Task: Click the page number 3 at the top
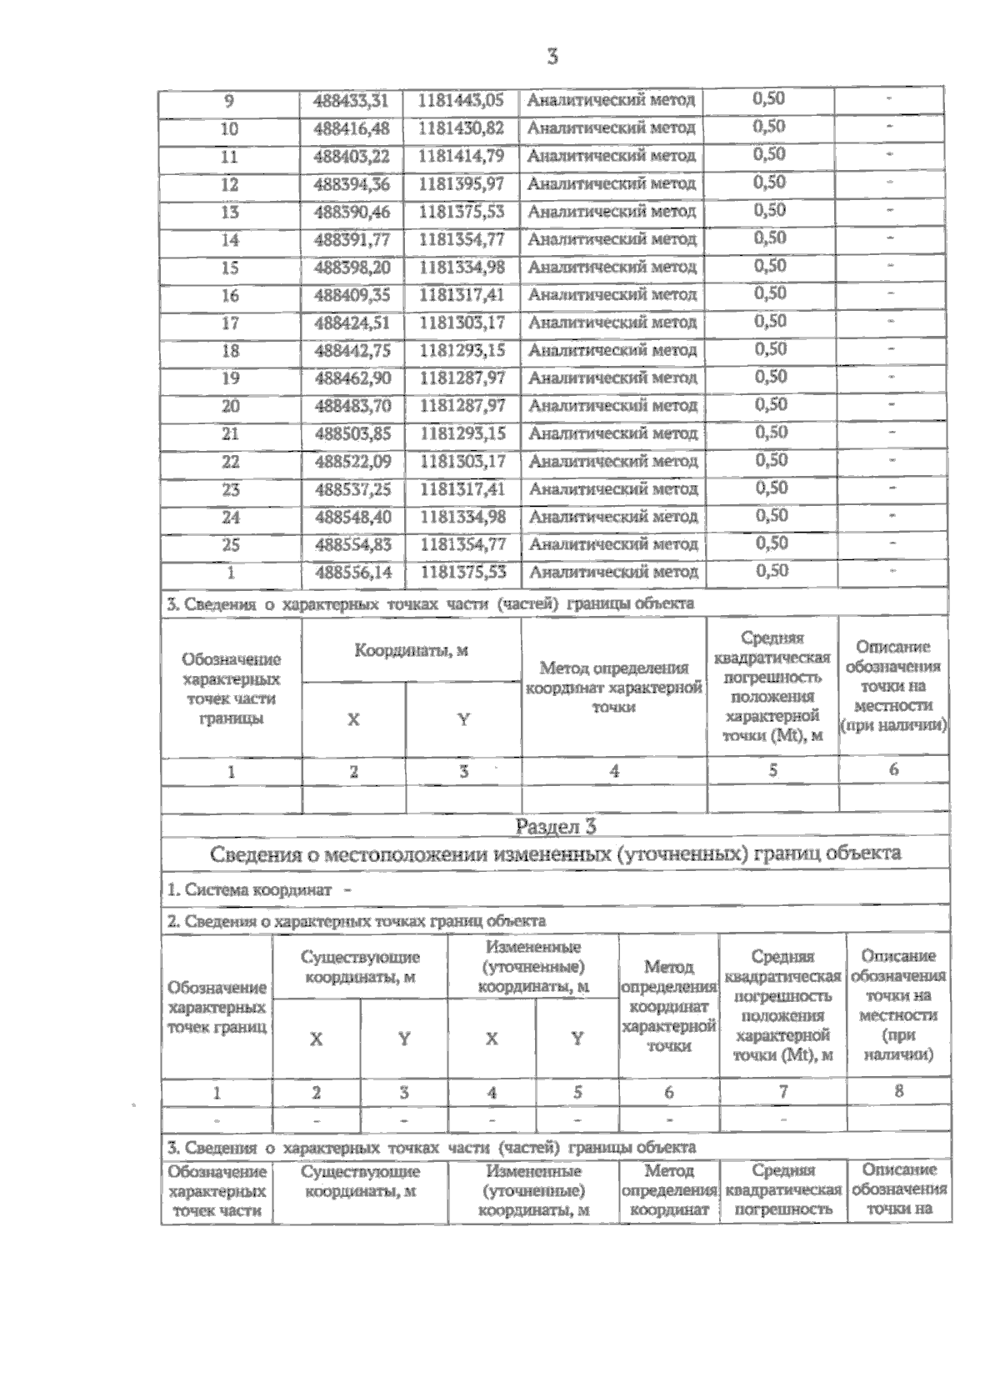(x=552, y=56)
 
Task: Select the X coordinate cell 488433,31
(x=352, y=101)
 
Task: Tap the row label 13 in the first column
(x=229, y=212)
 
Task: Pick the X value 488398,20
(x=352, y=268)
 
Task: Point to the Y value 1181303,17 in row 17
(x=462, y=323)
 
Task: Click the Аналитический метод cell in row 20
(x=613, y=406)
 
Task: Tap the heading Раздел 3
(x=556, y=826)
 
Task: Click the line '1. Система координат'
(x=259, y=889)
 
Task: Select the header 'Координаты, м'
(x=411, y=651)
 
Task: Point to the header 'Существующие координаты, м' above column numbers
(x=360, y=967)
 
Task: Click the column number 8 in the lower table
(x=897, y=1090)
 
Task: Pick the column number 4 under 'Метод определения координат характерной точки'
(x=614, y=771)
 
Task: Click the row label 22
(x=230, y=461)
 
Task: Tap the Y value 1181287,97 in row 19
(x=462, y=378)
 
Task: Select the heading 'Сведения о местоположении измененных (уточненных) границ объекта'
(x=555, y=854)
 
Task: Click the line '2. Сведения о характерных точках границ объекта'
(x=357, y=921)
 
